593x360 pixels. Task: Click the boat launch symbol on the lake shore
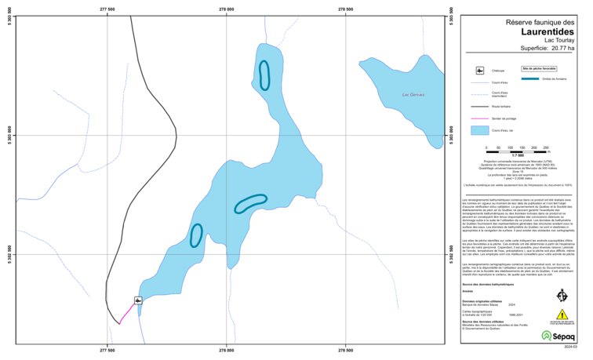click(x=138, y=300)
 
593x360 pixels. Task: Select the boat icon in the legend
click(x=478, y=71)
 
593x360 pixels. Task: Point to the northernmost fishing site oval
click(x=265, y=75)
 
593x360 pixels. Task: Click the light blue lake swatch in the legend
click(x=478, y=130)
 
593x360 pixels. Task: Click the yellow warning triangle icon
click(x=562, y=315)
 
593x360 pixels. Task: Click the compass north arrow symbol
click(x=562, y=296)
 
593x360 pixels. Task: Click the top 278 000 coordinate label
click(x=226, y=9)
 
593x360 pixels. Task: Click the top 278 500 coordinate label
click(x=344, y=9)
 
